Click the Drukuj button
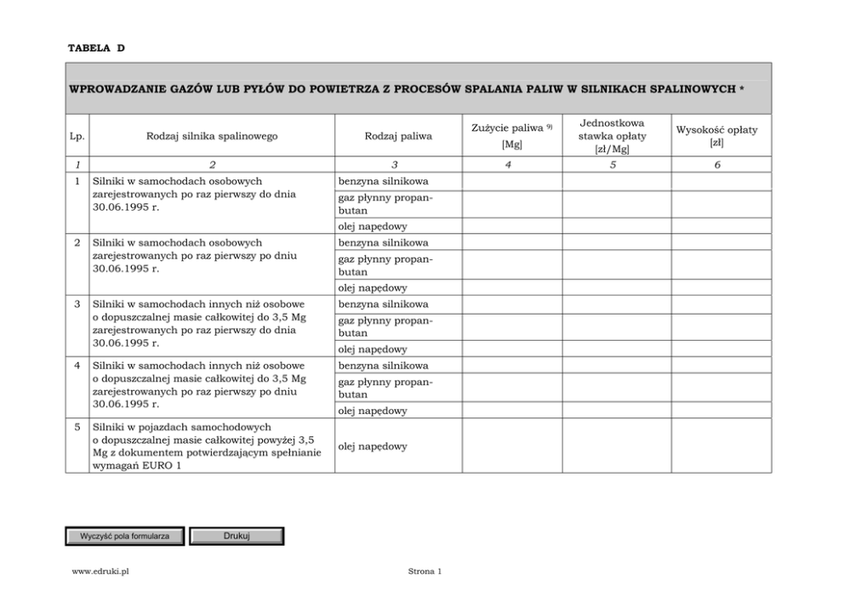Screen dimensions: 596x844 pos(236,536)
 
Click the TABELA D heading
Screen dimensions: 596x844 pos(96,48)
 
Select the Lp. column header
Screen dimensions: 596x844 pos(77,136)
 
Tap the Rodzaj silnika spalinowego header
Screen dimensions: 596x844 pos(212,136)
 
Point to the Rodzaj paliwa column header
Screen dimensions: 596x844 pos(397,136)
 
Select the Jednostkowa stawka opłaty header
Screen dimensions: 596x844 pos(612,135)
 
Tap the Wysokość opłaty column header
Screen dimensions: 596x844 pos(716,135)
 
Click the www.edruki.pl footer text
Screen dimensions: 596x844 pos(100,571)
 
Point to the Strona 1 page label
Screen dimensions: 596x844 pos(425,571)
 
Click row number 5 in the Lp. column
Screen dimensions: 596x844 pos(77,426)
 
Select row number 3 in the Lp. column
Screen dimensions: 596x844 pos(77,304)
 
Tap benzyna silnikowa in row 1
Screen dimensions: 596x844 pos(384,182)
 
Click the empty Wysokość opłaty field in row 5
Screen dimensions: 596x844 pos(721,446)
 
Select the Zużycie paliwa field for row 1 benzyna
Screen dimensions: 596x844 pos(512,182)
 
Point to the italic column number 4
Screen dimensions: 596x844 pos(508,165)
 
